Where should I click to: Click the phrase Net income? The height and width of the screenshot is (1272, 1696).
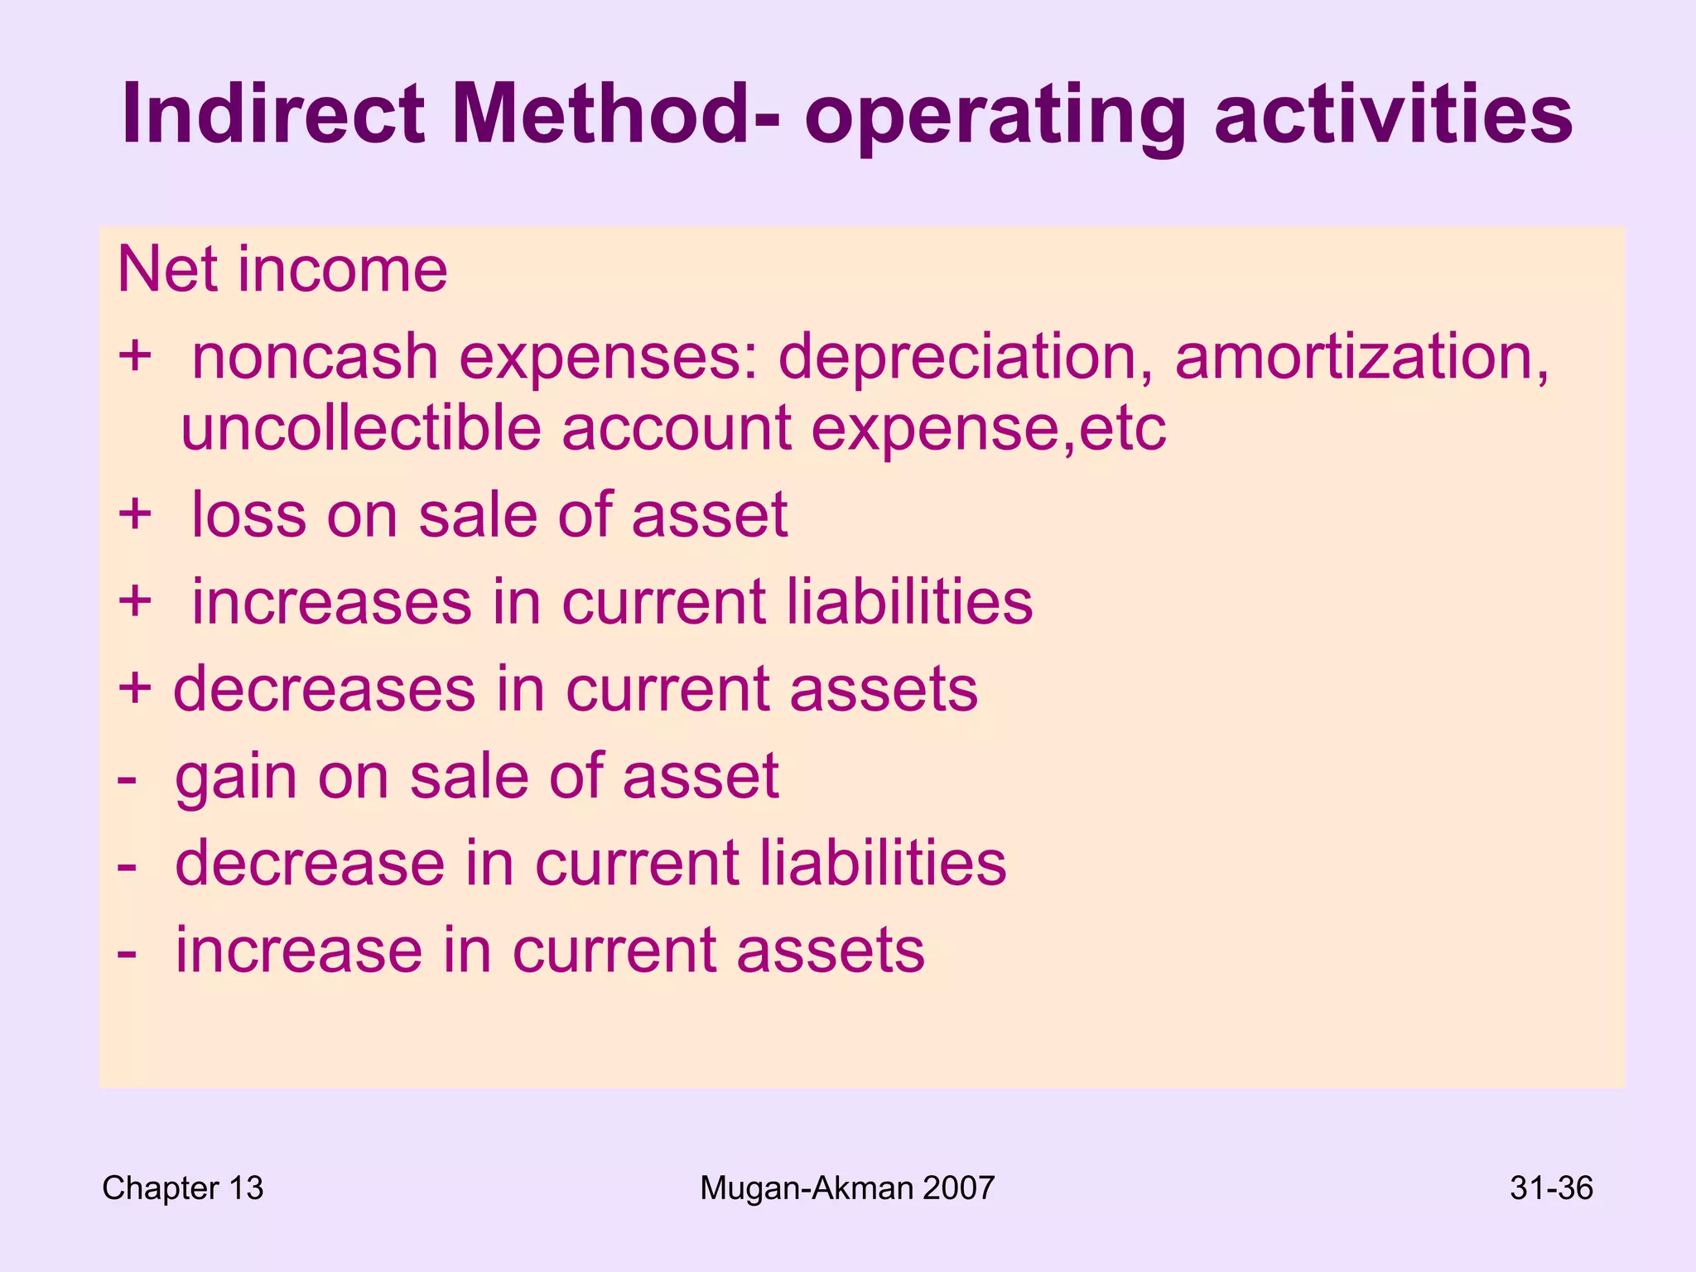pyautogui.click(x=282, y=270)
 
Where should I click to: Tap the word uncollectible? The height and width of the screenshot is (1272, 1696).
pyautogui.click(x=361, y=428)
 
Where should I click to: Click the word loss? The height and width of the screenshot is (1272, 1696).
pyautogui.click(x=248, y=515)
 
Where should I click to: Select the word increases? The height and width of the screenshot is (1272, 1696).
pyautogui.click(x=331, y=602)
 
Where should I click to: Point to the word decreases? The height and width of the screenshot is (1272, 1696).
pyautogui.click(x=324, y=689)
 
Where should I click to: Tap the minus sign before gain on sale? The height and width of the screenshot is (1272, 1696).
pyautogui.click(x=127, y=778)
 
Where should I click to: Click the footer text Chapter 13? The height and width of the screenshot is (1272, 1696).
pyautogui.click(x=182, y=1188)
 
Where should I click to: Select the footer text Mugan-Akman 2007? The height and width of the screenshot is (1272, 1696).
pyautogui.click(x=847, y=1188)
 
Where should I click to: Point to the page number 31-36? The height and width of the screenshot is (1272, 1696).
pyautogui.click(x=1551, y=1188)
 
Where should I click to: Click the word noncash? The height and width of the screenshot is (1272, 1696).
pyautogui.click(x=315, y=358)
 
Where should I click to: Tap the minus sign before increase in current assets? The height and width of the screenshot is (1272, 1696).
pyautogui.click(x=127, y=952)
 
